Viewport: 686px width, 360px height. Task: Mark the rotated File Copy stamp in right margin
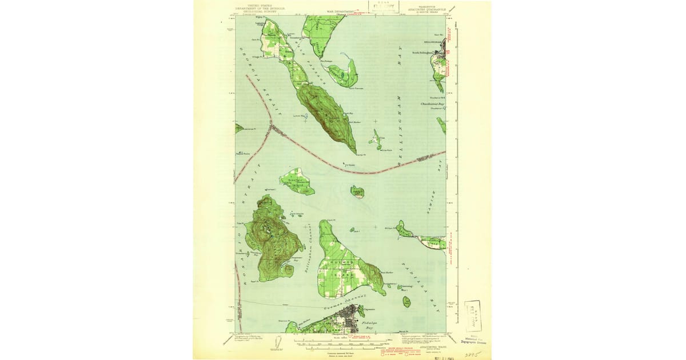point(473,315)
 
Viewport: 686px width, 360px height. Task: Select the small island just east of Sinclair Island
point(357,192)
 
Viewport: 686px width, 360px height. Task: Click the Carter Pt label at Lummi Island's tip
point(360,155)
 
